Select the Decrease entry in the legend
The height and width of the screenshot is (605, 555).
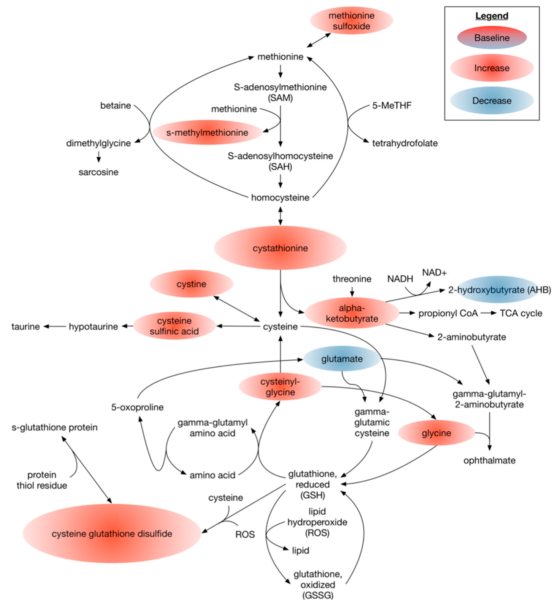click(491, 100)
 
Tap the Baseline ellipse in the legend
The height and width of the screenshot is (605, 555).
click(491, 38)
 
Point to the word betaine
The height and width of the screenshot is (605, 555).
click(115, 106)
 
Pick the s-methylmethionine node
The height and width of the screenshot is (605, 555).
click(207, 133)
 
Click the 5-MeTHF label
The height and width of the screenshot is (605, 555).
click(392, 106)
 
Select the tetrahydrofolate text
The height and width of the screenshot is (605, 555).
click(404, 143)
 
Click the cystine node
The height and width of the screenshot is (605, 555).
click(191, 284)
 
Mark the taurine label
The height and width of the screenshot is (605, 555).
click(26, 327)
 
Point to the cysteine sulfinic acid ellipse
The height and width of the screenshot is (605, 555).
click(174, 326)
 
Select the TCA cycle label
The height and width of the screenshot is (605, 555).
click(521, 313)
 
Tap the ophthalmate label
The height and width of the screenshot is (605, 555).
click(489, 460)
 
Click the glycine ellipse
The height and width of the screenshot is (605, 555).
click(436, 433)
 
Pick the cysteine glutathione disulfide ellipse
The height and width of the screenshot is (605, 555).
click(112, 534)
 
